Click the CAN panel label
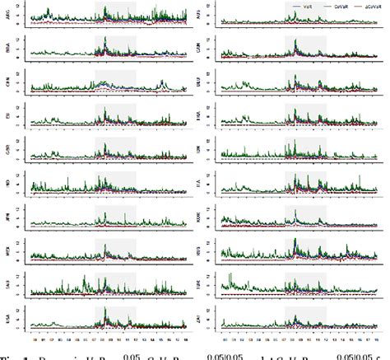(203, 49)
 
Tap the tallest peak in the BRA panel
(104, 39)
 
